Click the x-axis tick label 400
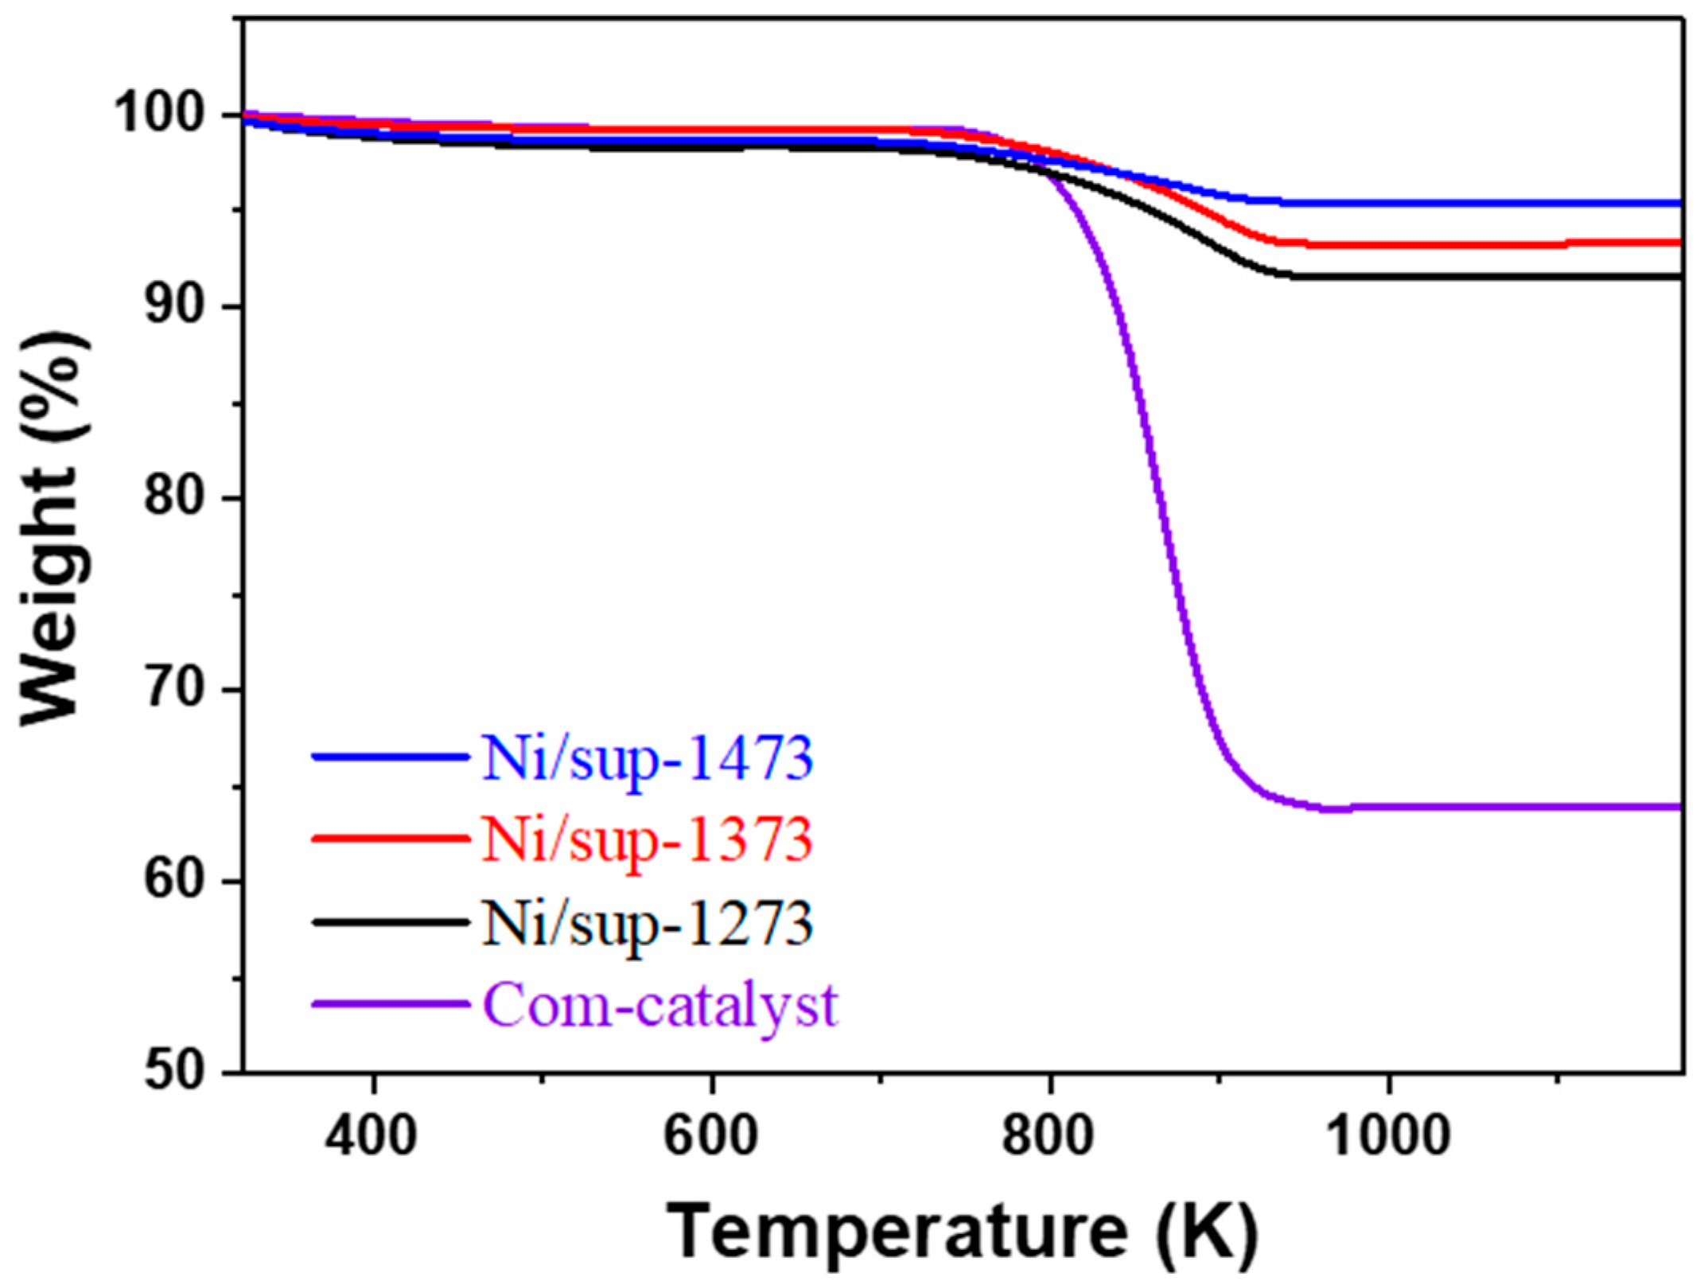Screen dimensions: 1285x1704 pyautogui.click(x=372, y=1135)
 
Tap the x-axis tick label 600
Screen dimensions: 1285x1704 pyautogui.click(x=710, y=1135)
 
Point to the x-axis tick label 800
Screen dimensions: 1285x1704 pyautogui.click(x=1049, y=1135)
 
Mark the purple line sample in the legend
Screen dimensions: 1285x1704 pyautogui.click(x=390, y=1004)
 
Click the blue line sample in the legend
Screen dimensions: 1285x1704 pyautogui.click(x=390, y=757)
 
